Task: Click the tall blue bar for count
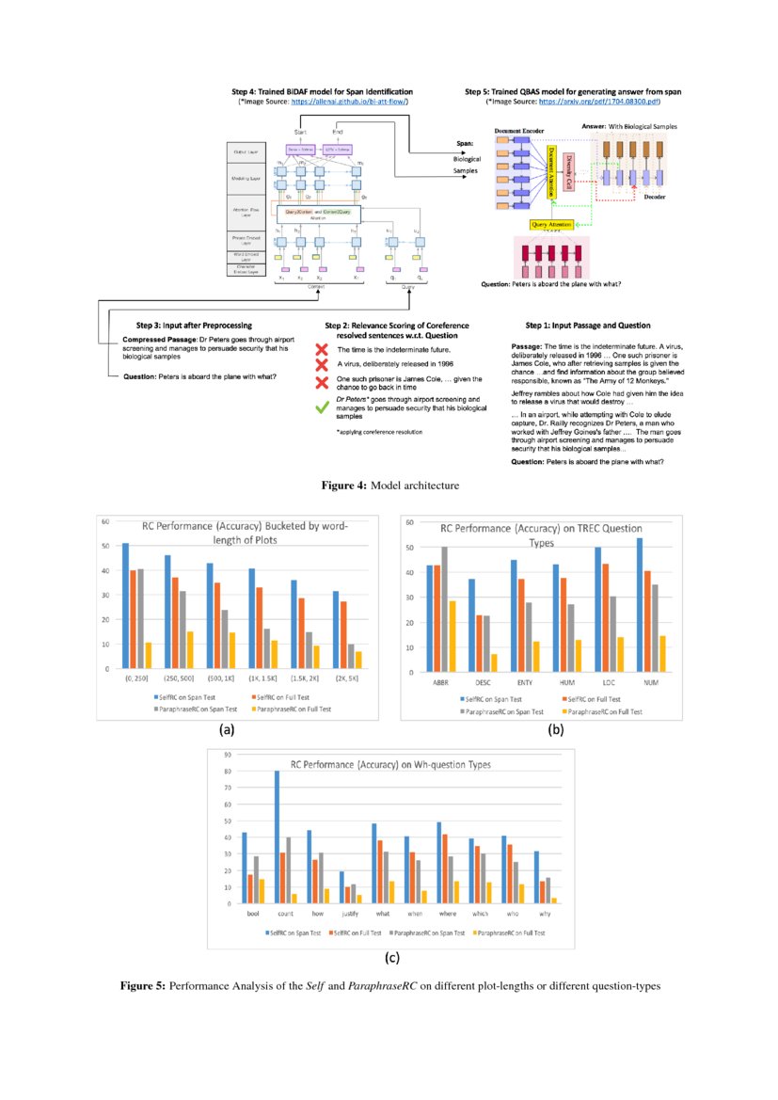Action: point(278,837)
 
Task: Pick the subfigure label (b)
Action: point(556,729)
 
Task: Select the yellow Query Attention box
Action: point(553,225)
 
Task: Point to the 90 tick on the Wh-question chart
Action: point(228,756)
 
